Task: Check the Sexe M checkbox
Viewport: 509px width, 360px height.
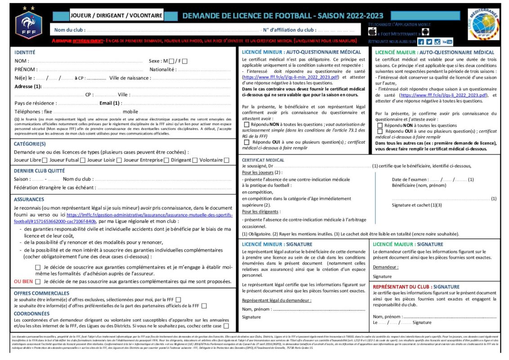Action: (171, 61)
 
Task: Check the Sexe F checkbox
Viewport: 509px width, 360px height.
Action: (185, 61)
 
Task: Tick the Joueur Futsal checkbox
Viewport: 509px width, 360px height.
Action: (82, 160)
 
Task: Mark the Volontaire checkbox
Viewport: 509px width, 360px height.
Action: (226, 160)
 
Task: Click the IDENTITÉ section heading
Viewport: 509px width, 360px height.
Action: (25, 52)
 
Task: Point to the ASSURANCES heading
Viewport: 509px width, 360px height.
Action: (29, 199)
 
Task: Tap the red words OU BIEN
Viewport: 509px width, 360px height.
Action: (23, 281)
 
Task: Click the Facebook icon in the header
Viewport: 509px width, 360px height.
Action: (421, 42)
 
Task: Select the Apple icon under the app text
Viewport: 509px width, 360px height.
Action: (372, 32)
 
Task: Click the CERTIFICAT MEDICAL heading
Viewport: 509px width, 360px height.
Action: (263, 160)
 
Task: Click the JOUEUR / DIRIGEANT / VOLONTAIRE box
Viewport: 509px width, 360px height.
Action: (116, 16)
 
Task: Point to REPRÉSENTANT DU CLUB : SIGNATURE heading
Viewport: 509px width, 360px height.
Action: (416, 287)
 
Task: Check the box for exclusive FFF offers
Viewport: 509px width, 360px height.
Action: (179, 300)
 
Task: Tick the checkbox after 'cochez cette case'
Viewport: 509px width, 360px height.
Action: (226, 326)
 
